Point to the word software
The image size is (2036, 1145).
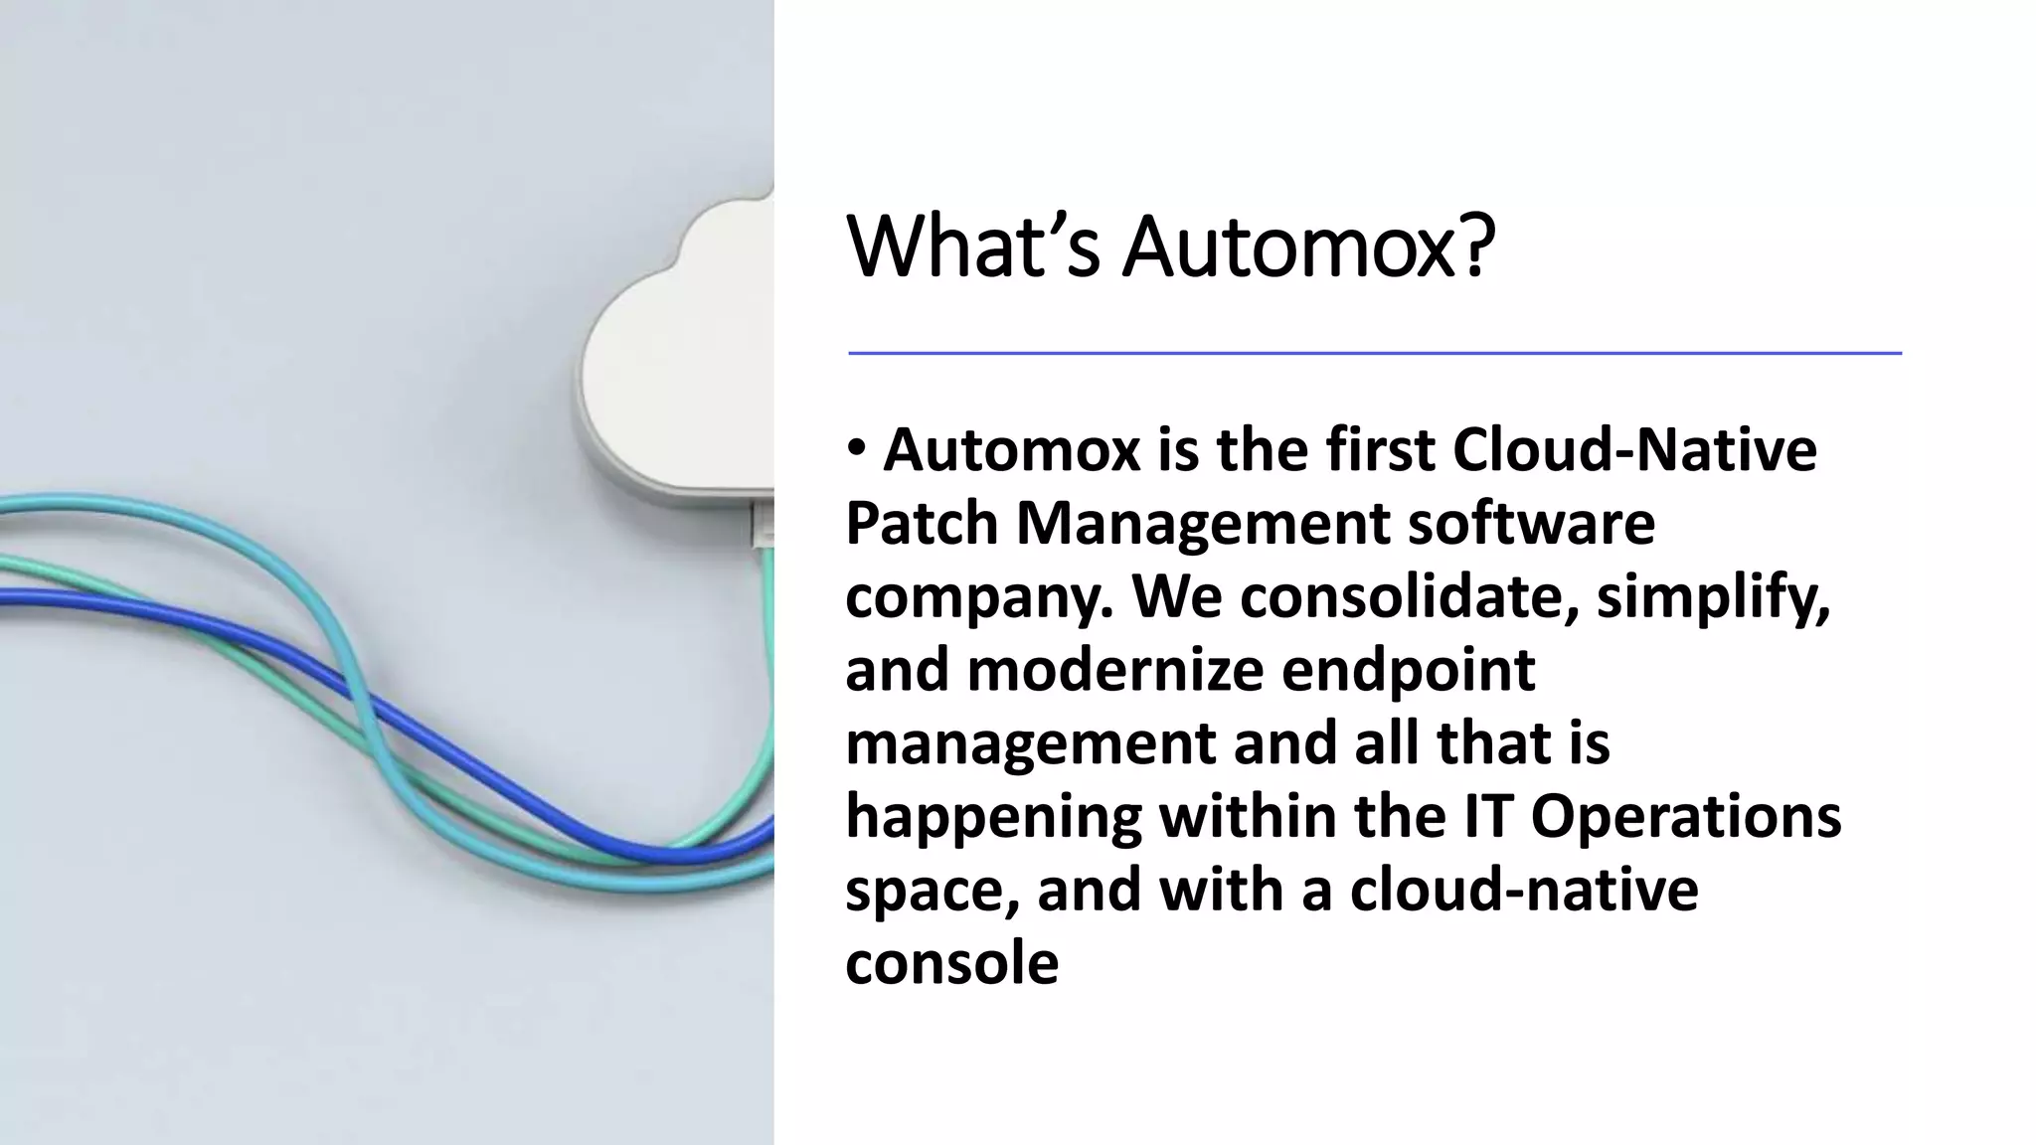(x=1531, y=523)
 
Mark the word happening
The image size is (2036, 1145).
(x=993, y=817)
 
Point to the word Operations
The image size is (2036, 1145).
(x=1685, y=817)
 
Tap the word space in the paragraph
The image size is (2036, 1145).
(x=931, y=891)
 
